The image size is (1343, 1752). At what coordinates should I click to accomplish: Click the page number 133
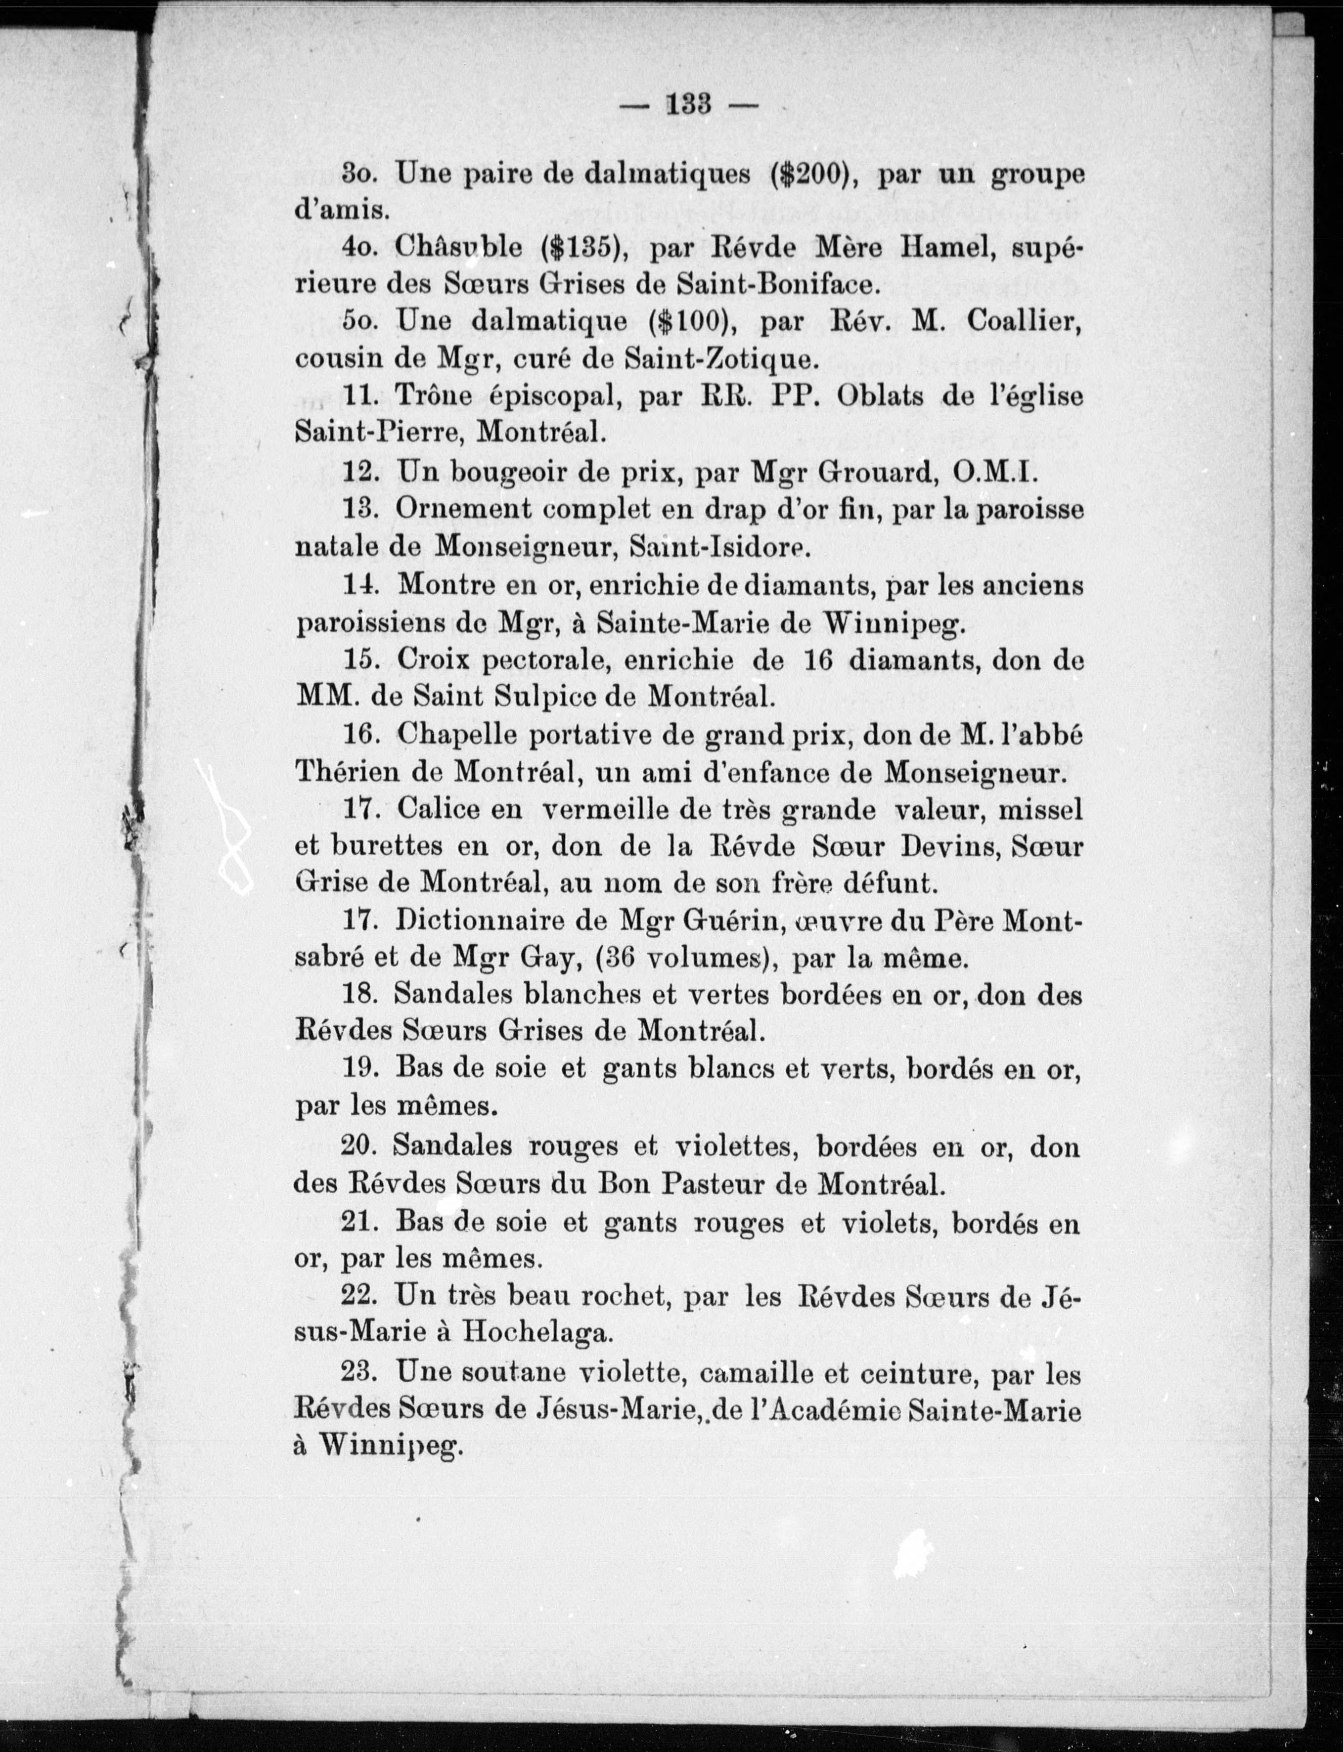tap(689, 105)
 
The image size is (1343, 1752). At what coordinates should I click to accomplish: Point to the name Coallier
tap(1024, 321)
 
